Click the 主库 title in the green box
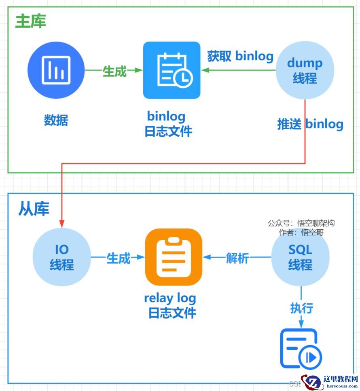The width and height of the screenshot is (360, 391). pyautogui.click(x=31, y=21)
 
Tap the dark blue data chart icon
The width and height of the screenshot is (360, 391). pyautogui.click(x=56, y=70)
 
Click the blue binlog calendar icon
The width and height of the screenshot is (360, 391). pyautogui.click(x=172, y=70)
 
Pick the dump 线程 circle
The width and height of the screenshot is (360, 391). pyautogui.click(x=305, y=70)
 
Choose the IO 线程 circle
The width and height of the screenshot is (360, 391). pyautogui.click(x=61, y=258)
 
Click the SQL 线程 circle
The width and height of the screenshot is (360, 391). pyautogui.click(x=300, y=257)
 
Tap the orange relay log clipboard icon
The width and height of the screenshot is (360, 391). pyautogui.click(x=174, y=257)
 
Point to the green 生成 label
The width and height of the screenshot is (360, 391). pyautogui.click(x=114, y=71)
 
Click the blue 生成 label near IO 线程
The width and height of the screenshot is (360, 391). pyautogui.click(x=118, y=258)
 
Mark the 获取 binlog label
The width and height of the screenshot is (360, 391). pyautogui.click(x=240, y=56)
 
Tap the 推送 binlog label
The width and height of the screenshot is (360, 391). pyautogui.click(x=310, y=124)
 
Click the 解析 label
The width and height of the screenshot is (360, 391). pyautogui.click(x=237, y=258)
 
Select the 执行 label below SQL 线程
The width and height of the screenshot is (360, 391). pyautogui.click(x=302, y=308)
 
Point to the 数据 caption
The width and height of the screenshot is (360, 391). pyautogui.click(x=56, y=120)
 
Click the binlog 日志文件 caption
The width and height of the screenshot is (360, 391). pyautogui.click(x=168, y=124)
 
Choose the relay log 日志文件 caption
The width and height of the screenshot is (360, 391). pyautogui.click(x=171, y=305)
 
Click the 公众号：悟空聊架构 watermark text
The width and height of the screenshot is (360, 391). pyautogui.click(x=301, y=223)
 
